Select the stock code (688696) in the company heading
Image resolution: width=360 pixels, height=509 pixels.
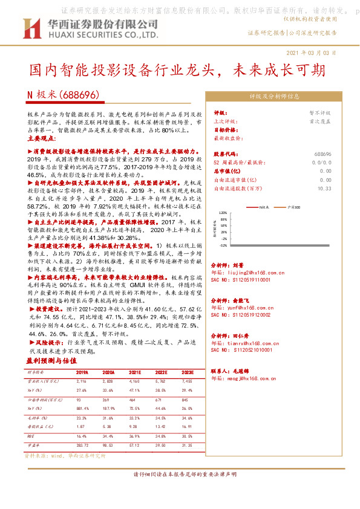77,95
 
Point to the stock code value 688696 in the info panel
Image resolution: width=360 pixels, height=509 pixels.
322,155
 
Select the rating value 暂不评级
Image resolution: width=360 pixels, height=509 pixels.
321,113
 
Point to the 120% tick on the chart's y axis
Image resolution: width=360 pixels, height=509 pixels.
223,213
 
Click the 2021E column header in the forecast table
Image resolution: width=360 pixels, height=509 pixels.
135,372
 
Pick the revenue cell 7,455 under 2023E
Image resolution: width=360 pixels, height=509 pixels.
187,381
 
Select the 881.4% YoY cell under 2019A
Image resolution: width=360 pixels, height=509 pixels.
83,409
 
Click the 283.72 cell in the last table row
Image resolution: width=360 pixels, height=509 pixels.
82,445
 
